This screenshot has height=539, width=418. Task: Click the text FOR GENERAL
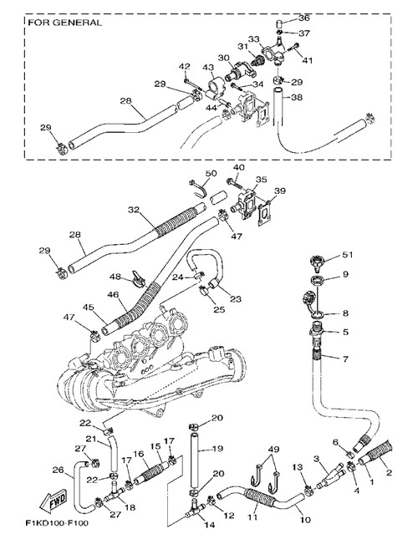(64, 23)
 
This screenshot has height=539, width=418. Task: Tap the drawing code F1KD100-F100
(57, 523)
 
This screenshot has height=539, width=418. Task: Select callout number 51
(348, 255)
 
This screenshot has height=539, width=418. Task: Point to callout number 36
(303, 18)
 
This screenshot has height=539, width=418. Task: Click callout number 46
(113, 295)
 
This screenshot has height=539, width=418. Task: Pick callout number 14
(209, 525)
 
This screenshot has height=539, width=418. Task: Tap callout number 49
(274, 449)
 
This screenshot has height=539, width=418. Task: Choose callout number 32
(134, 210)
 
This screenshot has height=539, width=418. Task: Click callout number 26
(58, 470)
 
